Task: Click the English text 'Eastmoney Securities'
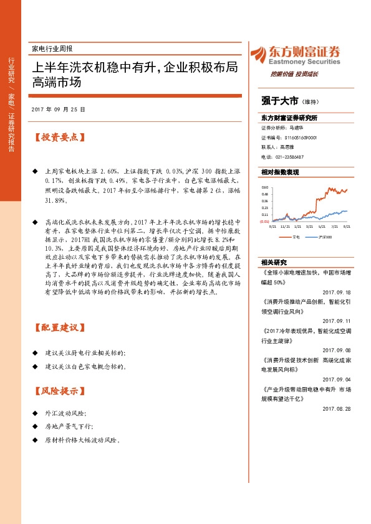(x=304, y=62)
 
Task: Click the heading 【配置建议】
(x=59, y=327)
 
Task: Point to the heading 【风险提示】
(x=59, y=391)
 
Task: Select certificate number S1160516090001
(x=297, y=138)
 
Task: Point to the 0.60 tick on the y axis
(x=264, y=187)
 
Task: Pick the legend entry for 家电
(x=294, y=237)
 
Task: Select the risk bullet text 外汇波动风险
(x=65, y=413)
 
